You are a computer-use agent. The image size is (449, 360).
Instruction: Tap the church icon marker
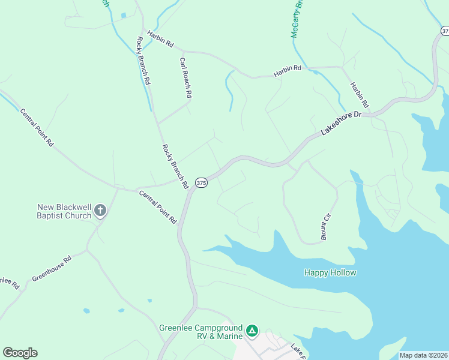pos(100,211)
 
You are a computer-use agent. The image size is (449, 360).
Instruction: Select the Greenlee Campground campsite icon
pos(253,331)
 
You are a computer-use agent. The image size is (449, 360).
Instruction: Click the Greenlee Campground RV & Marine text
pos(200,332)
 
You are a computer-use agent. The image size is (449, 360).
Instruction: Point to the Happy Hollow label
pos(330,273)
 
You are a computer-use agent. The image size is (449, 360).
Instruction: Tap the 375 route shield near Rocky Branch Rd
pos(201,182)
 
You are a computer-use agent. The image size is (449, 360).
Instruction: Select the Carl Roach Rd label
pos(185,77)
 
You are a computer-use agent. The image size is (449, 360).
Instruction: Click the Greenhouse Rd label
pos(52,269)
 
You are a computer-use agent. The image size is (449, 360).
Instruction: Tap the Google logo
pos(20,353)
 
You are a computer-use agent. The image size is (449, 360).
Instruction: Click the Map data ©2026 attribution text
pos(423,355)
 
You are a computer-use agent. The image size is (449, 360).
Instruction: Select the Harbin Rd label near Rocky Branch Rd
pos(161,41)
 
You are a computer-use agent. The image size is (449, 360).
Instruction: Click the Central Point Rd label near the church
pos(158,207)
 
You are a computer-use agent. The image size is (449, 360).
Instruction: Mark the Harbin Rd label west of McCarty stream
pos(287,71)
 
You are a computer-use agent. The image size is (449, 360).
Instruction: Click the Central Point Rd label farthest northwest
pos(37,127)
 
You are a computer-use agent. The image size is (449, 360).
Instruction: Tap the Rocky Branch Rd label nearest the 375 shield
pos(175,166)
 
